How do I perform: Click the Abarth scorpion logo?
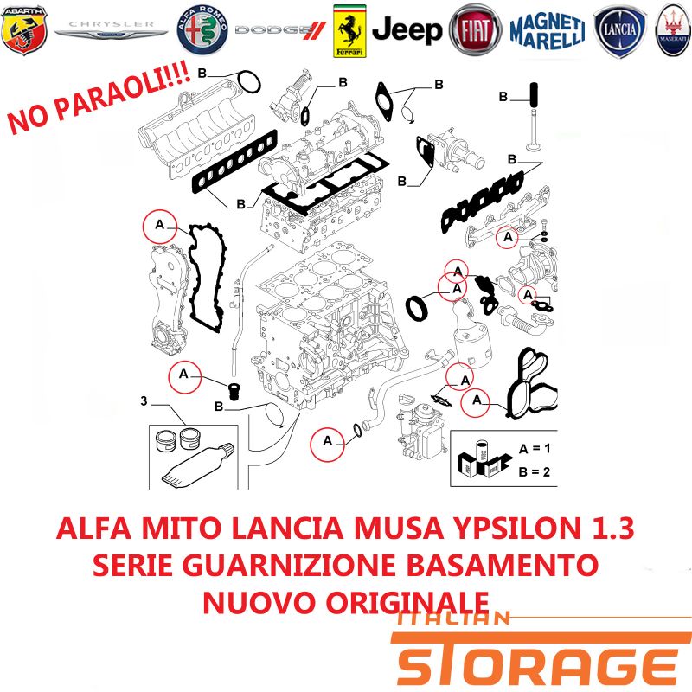24,29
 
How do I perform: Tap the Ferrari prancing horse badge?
349,31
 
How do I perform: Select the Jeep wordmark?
407,30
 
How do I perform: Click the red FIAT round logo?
475,30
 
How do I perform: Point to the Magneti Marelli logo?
548,31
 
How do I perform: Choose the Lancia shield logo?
619,31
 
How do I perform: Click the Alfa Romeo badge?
202,30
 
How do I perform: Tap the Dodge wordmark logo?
280,30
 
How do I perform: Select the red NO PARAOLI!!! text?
99,98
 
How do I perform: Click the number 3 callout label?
144,400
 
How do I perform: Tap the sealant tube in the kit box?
197,466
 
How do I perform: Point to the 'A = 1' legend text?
535,449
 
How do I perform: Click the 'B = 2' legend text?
535,471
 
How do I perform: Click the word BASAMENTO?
503,565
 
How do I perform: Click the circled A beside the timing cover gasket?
160,226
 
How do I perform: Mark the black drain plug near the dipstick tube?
234,391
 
